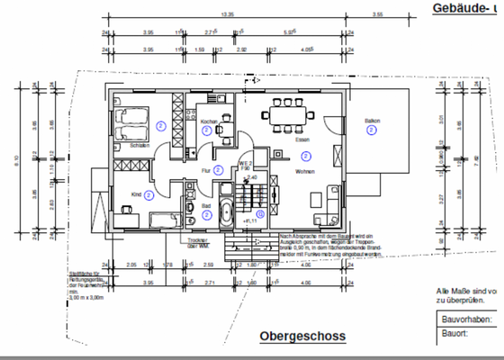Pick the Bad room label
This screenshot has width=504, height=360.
[206, 206]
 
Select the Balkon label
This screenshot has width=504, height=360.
[371, 121]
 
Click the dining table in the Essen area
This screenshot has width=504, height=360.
[285, 115]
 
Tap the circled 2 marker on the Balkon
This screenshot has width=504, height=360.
[371, 131]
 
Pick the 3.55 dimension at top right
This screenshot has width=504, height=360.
[378, 14]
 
